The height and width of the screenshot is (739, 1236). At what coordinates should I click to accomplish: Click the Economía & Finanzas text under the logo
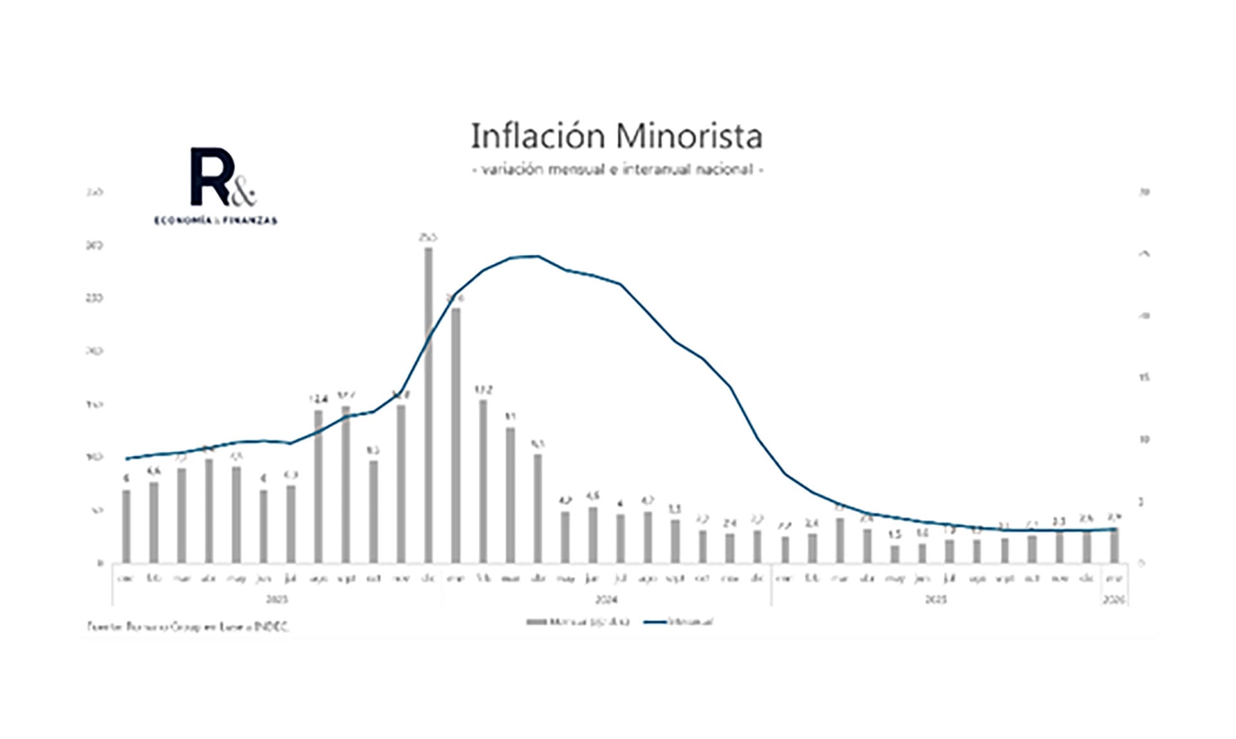pos(216,221)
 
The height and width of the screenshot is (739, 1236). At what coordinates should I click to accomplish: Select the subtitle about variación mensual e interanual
pos(617,169)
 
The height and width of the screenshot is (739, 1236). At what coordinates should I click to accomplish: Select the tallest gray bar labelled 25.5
pos(428,406)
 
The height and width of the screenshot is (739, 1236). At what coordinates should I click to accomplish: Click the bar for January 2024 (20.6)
pos(456,435)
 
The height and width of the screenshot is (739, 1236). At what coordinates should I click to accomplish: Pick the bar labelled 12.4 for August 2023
pos(318,486)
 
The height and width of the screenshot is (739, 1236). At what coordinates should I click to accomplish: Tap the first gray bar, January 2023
pos(126,526)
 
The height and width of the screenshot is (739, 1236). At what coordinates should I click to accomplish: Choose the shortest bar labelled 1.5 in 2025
pos(895,554)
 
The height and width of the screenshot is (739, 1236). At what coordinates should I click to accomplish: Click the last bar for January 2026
pos(1114,546)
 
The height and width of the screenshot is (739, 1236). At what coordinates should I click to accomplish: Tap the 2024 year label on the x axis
pos(606,600)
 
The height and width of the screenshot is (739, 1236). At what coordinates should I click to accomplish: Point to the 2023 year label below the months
pos(277,600)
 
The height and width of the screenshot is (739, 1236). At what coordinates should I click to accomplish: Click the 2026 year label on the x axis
pos(1114,600)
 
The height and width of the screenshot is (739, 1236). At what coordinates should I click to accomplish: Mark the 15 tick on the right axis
pos(1144,378)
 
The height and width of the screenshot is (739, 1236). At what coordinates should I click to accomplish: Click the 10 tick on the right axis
pos(1144,440)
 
